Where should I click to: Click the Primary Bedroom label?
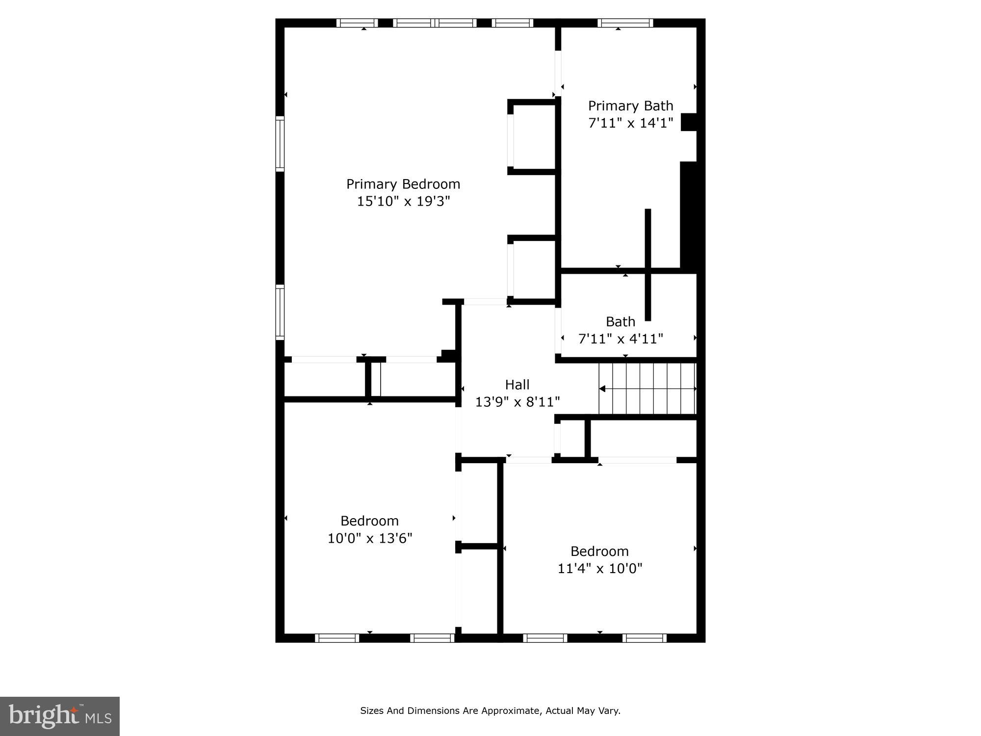coord(403,184)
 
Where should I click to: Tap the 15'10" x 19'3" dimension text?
coord(403,201)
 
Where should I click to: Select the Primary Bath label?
coord(630,106)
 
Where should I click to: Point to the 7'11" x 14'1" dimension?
coord(630,123)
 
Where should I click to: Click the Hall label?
coord(517,385)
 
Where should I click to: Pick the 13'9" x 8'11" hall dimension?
coord(517,402)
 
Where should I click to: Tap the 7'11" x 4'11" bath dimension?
coord(620,339)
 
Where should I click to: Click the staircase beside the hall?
coord(647,389)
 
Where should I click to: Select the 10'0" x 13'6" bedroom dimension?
coord(369,538)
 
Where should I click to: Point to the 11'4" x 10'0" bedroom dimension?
coord(599,568)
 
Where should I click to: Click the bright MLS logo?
coord(60,716)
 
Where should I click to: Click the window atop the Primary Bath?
coord(625,23)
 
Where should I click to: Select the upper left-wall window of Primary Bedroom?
coord(280,143)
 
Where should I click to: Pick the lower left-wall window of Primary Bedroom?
coord(280,313)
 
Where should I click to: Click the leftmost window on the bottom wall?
coord(336,638)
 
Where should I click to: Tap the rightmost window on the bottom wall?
coord(644,638)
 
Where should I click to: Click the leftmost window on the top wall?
coord(357,23)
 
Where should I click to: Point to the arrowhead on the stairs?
coord(602,389)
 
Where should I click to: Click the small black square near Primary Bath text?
coord(689,122)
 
